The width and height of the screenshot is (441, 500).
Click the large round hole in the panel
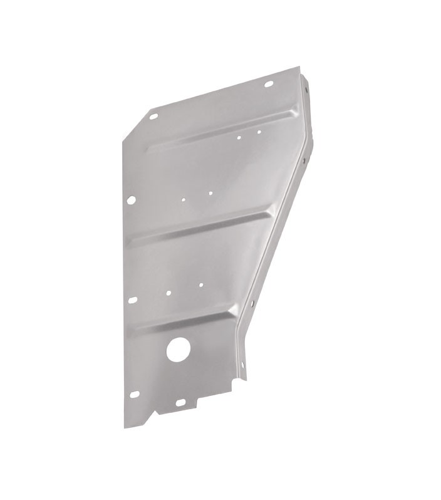click(x=179, y=349)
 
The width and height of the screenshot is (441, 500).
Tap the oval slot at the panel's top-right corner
click(x=268, y=84)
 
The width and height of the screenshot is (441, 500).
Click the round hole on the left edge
click(x=131, y=201)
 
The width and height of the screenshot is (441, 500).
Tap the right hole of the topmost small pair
click(x=258, y=132)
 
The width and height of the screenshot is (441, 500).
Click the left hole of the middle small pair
click(x=184, y=201)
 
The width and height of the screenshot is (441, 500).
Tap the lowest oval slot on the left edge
click(x=135, y=395)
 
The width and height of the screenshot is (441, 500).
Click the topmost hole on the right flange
click(x=306, y=89)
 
